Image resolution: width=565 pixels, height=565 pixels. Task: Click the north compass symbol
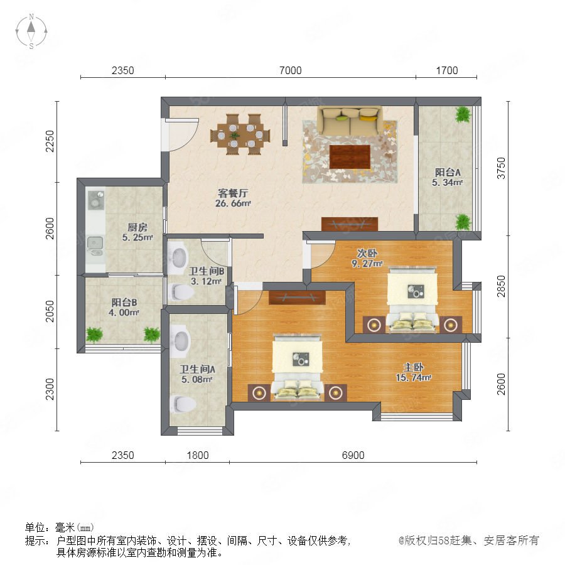pos(31,31)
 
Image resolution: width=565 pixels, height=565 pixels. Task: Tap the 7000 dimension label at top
pos(291,70)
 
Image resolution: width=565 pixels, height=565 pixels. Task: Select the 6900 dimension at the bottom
pos(353,455)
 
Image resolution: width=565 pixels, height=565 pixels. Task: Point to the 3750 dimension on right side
pos(501,168)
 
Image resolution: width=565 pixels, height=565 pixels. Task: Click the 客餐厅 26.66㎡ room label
pos(233,198)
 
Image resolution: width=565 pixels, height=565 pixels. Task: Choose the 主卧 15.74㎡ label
pos(413,372)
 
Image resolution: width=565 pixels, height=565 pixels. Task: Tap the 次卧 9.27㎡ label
pos(367,258)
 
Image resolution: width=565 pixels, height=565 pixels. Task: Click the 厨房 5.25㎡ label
pos(137,232)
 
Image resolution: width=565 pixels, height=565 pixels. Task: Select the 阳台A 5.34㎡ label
pos(447,177)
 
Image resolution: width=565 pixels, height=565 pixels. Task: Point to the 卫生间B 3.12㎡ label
pos(206,276)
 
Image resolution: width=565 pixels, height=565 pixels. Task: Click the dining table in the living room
pos(240,135)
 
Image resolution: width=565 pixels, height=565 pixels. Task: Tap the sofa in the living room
pos(350,121)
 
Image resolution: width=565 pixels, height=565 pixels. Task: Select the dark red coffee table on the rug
pos(350,156)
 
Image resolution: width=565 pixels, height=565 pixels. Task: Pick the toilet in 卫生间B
pos(182,292)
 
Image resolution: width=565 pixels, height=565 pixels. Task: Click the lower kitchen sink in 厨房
pos(95,245)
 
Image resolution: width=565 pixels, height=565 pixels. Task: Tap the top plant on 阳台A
pos(463,115)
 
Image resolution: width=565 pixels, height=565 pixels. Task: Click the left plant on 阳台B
pos(94,335)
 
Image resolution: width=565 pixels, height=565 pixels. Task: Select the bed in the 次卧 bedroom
pos(412,299)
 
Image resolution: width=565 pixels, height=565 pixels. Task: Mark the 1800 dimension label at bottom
pos(198,455)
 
